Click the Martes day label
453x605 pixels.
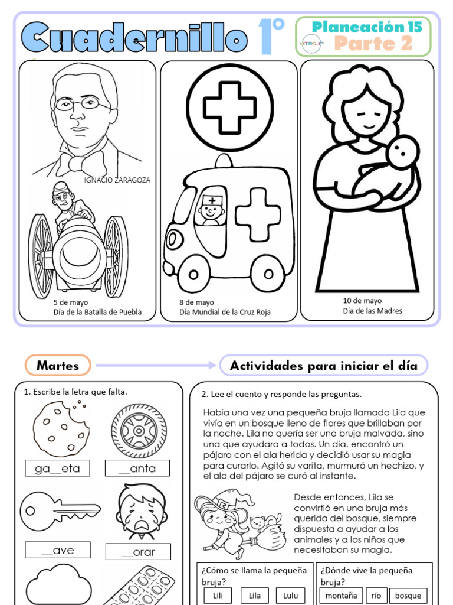click(58, 366)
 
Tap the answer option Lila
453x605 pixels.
click(254, 596)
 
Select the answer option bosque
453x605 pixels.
click(408, 596)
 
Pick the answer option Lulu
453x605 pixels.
click(290, 596)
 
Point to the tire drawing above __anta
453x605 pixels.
click(139, 431)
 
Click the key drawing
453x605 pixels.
click(59, 509)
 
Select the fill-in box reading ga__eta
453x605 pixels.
click(57, 469)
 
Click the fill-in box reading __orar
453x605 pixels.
click(138, 552)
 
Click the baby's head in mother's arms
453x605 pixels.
click(403, 152)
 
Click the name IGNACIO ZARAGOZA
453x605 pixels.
click(117, 180)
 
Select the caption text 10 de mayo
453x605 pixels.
click(362, 301)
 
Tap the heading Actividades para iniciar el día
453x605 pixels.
click(323, 366)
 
